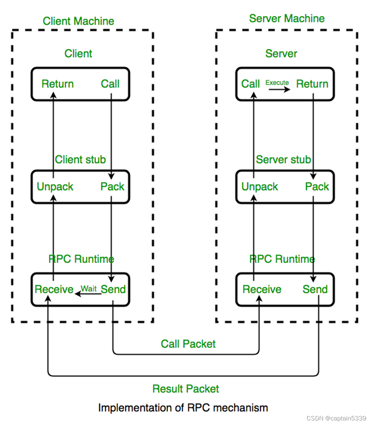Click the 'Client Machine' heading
[78, 21]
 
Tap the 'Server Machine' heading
[287, 18]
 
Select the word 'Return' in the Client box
[58, 84]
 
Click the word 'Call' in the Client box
[110, 84]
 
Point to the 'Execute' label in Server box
[277, 83]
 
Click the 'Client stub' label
[80, 159]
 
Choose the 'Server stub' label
[283, 159]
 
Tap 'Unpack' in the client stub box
[55, 187]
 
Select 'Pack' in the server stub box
[317, 187]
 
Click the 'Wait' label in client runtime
[89, 289]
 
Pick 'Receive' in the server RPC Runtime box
[262, 289]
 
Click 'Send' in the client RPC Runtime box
[113, 289]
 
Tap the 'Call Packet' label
[188, 344]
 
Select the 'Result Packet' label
[186, 389]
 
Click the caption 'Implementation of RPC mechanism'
[183, 407]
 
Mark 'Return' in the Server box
[312, 84]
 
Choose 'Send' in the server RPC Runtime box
[315, 289]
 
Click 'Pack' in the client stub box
[113, 187]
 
